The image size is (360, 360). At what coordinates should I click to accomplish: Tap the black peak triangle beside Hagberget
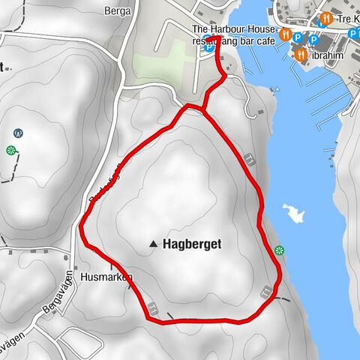(x=154, y=244)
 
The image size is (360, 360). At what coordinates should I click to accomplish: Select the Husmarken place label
(x=106, y=276)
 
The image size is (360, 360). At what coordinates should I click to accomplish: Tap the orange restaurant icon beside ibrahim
(x=300, y=55)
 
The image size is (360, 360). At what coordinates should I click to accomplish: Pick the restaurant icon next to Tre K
(x=325, y=19)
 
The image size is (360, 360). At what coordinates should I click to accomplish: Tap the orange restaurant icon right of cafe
(x=285, y=34)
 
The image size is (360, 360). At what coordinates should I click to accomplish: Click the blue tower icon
(x=18, y=133)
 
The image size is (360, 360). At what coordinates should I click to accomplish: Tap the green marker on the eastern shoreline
(x=279, y=250)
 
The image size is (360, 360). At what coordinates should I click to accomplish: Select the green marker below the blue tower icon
(x=11, y=151)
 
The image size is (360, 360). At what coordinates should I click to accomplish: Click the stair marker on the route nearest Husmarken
(x=152, y=307)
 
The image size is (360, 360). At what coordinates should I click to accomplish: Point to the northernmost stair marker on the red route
(x=247, y=157)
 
